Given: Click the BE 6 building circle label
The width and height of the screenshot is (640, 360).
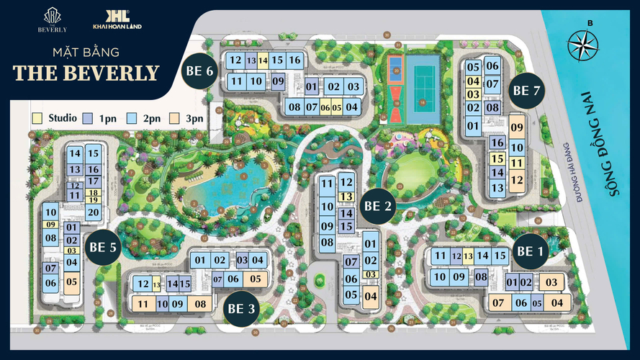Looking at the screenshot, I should click(x=199, y=71).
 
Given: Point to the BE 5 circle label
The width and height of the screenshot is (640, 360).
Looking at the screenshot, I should click(x=103, y=247).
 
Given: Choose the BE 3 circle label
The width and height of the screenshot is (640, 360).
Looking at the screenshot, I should click(x=241, y=309).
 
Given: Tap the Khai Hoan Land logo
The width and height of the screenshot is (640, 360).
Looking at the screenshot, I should click(x=117, y=19).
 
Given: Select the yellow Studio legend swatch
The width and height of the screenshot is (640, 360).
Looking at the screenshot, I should click(x=37, y=117).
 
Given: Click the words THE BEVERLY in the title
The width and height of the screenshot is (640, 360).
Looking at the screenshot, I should click(x=86, y=73).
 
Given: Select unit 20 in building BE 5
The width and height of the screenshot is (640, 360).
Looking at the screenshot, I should click(x=92, y=212).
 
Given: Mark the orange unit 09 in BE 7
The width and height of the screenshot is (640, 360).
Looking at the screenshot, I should click(x=516, y=127).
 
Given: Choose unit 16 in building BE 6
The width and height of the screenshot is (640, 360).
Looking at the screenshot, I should click(x=294, y=60).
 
